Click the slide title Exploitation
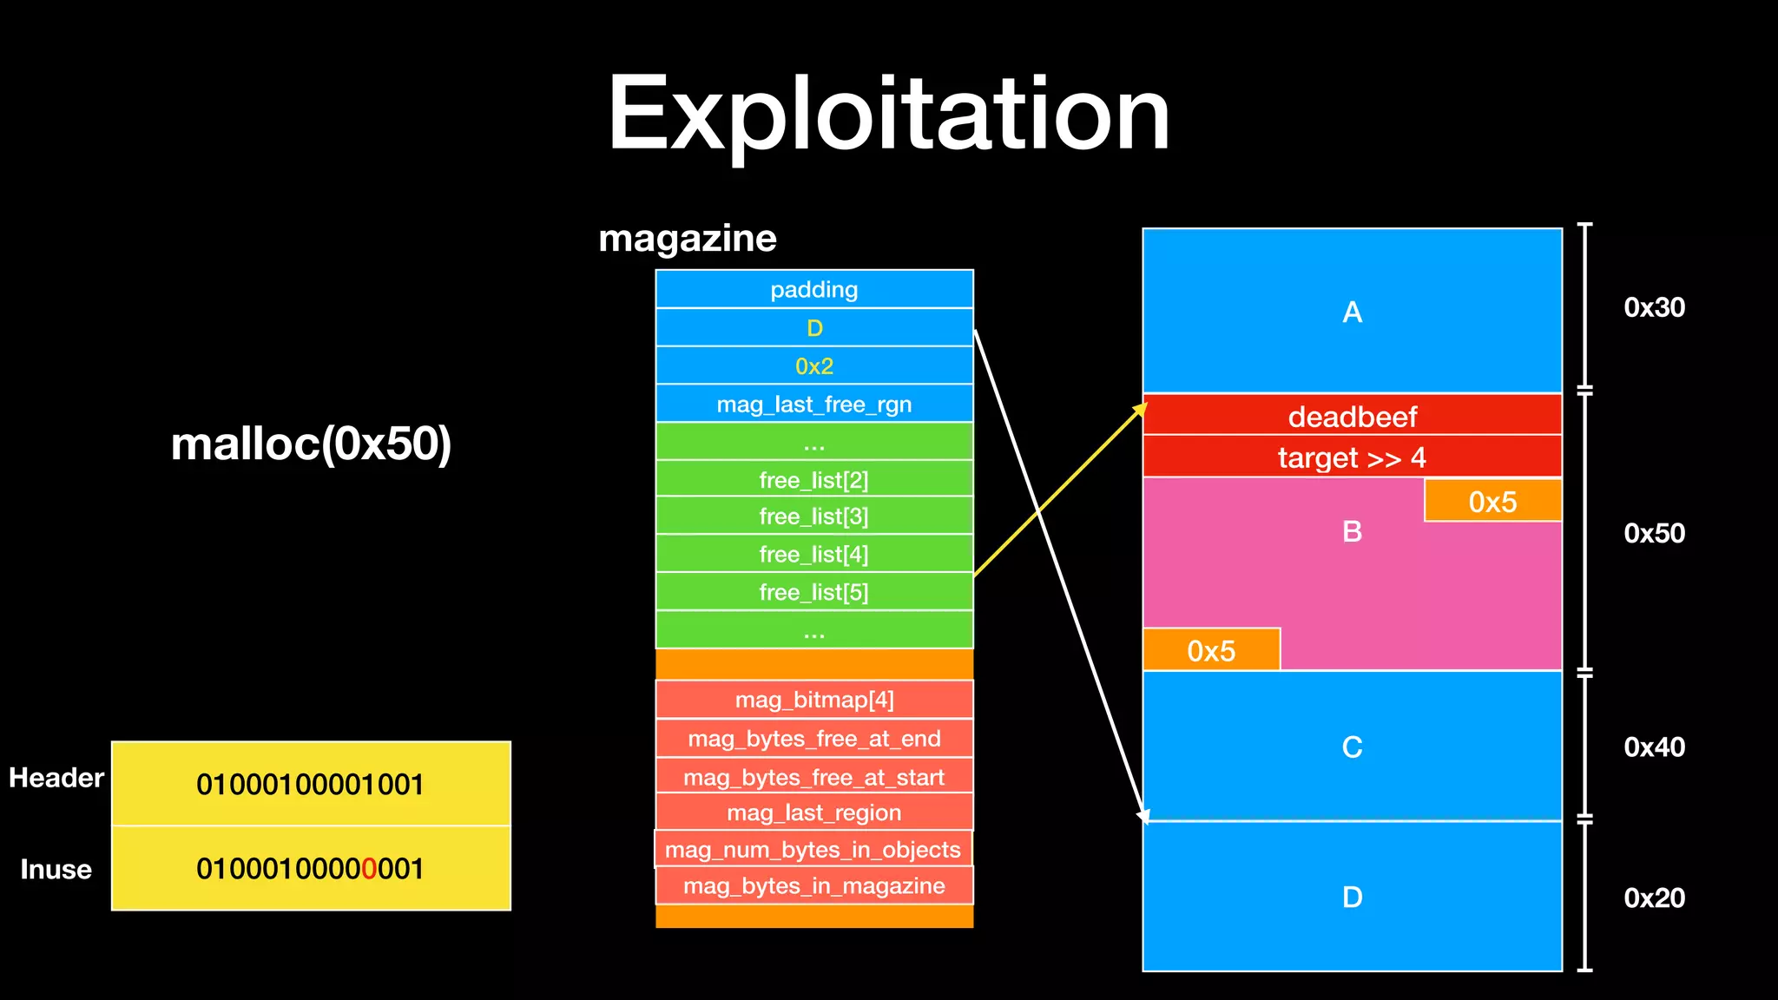coord(888,115)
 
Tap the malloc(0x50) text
coord(311,444)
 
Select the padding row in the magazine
coord(813,290)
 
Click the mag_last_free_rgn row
coord(813,405)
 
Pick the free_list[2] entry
coord(813,480)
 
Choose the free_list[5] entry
coord(813,593)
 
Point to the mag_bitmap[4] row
coord(813,701)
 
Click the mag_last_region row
coord(813,813)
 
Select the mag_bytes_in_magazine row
coord(813,886)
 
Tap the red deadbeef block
coord(1352,417)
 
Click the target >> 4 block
coord(1352,457)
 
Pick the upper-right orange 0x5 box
coord(1492,502)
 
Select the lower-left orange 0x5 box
coord(1211,651)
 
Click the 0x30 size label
coord(1654,307)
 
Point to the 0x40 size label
coord(1654,747)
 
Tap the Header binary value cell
coord(311,785)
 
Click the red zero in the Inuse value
coord(369,869)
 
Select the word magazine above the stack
coord(688,239)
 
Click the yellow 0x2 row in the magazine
coord(813,366)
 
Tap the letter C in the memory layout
coord(1352,747)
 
